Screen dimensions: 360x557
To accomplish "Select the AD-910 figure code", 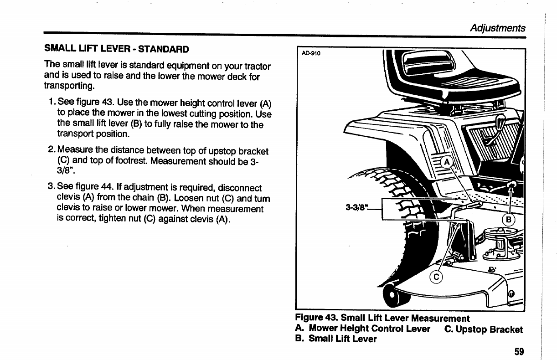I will [x=311, y=54].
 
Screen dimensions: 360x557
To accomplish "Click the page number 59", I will [x=519, y=351].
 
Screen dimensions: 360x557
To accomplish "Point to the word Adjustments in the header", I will [x=498, y=28].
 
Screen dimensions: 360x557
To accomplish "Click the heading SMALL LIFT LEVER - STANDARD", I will [x=116, y=48].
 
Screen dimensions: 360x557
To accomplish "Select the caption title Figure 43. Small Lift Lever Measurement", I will [x=382, y=318].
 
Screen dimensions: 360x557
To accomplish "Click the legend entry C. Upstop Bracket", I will [x=483, y=329].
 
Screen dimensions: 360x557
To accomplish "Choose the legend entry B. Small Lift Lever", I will [x=336, y=339].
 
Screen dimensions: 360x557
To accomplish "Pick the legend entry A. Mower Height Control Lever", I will [x=363, y=329].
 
